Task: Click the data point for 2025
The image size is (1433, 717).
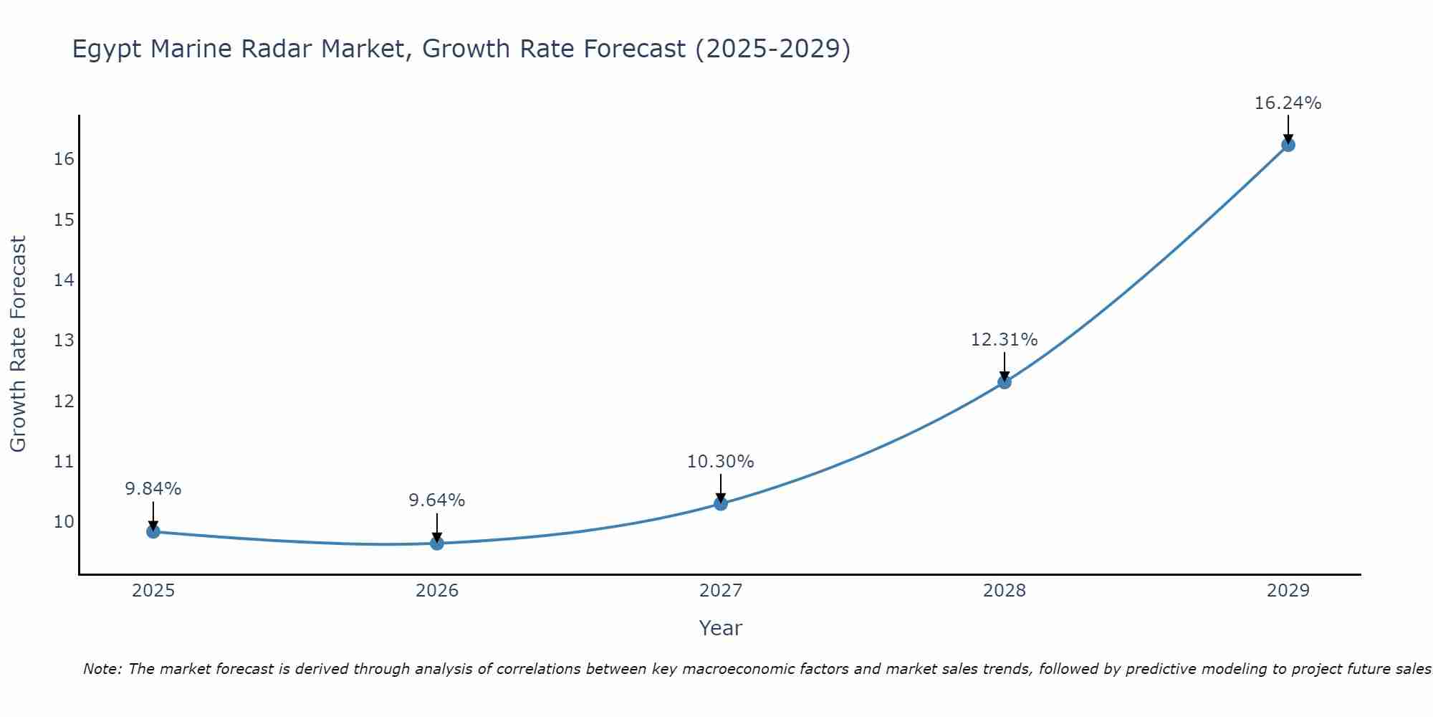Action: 153,531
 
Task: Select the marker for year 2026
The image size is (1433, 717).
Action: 437,543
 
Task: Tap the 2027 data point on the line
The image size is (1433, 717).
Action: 721,503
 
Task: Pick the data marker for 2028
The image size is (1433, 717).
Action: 1005,382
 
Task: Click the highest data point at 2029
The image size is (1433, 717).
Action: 1288,145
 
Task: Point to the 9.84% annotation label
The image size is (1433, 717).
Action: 153,489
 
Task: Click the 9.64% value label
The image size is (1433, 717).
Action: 437,500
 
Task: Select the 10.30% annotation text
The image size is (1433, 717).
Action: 721,462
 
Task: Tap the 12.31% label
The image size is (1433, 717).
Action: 1005,340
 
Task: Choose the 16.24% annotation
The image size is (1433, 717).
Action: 1288,103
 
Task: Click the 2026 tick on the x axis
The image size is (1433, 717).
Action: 437,591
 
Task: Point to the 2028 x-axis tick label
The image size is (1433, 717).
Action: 1005,591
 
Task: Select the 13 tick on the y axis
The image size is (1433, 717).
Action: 64,340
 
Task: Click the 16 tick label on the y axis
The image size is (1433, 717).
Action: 64,158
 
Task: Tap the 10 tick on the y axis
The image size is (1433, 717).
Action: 64,521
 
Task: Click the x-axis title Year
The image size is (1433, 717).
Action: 721,628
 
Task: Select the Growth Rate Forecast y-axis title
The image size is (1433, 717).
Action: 18,343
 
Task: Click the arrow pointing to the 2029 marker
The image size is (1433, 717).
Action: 1288,130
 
